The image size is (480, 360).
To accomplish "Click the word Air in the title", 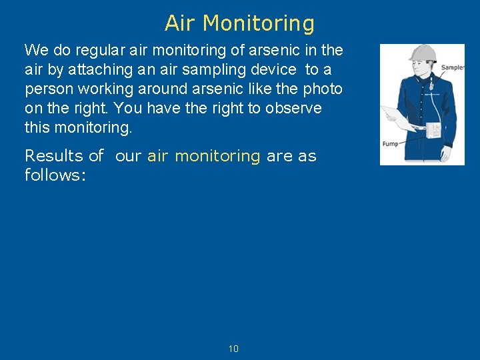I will [181, 23].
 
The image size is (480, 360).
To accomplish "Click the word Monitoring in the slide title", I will [259, 24].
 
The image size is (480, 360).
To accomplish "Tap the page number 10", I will [233, 349].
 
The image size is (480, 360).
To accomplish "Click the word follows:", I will [55, 175].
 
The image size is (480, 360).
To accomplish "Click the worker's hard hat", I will [422, 53].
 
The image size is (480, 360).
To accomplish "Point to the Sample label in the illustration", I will [452, 67].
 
